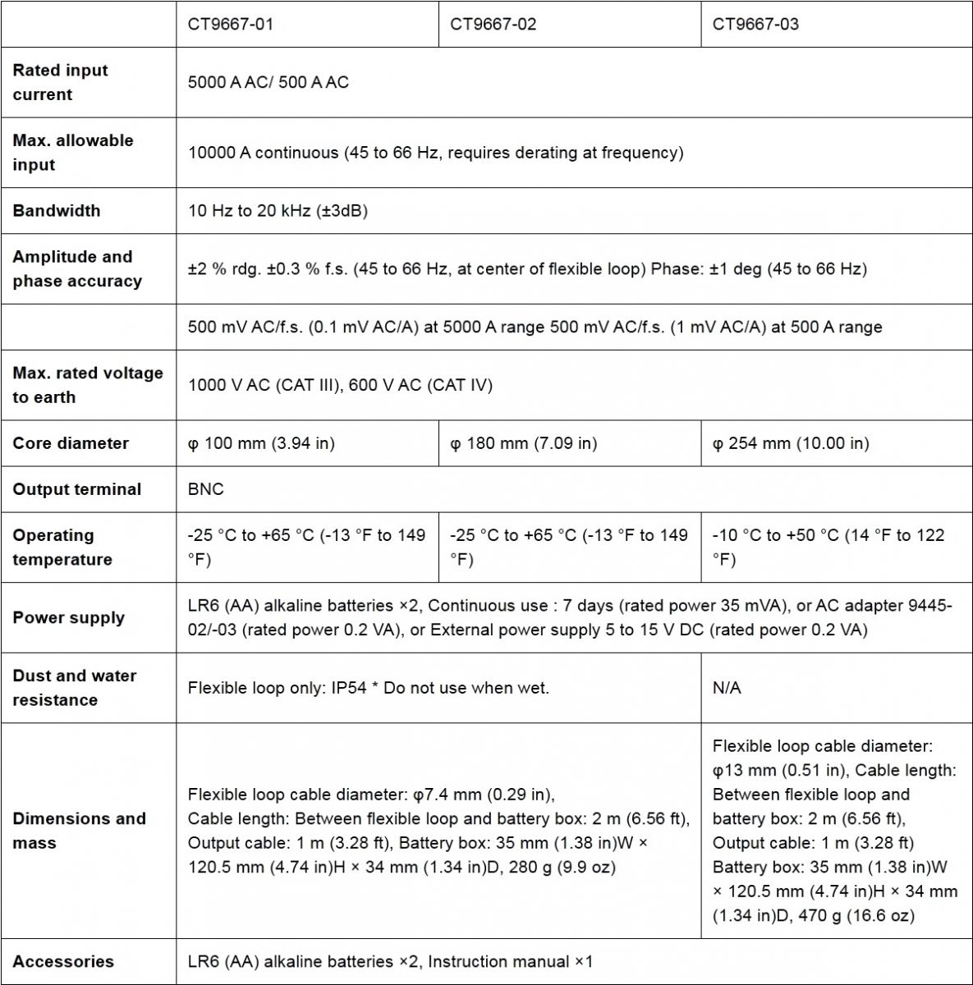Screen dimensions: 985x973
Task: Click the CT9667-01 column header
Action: (x=231, y=24)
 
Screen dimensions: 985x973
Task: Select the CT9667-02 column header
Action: (x=493, y=24)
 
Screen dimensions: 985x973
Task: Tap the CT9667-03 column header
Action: (x=755, y=24)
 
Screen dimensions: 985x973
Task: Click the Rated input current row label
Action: (x=60, y=82)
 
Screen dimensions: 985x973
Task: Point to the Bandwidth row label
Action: (x=57, y=210)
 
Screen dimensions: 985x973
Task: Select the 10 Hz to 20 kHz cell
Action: (x=278, y=210)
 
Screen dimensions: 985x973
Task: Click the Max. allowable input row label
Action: (x=72, y=152)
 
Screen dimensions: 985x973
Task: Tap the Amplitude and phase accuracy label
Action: (x=76, y=268)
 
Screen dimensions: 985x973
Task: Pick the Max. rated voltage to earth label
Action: (x=87, y=385)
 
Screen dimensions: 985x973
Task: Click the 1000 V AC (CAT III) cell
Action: (x=340, y=385)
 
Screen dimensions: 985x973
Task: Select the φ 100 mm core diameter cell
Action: (x=261, y=443)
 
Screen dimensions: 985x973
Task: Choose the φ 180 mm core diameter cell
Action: (x=524, y=443)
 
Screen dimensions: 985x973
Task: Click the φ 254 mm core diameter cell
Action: (x=790, y=443)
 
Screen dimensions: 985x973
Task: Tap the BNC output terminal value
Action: (x=205, y=489)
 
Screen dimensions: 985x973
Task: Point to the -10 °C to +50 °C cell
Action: (x=828, y=547)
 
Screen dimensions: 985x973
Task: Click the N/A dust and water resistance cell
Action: (x=727, y=688)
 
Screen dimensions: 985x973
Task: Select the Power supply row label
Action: (x=68, y=617)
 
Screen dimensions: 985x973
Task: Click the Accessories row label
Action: (x=63, y=961)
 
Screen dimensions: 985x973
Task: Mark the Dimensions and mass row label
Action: (x=79, y=830)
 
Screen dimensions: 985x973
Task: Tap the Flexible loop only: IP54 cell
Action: (x=368, y=688)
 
